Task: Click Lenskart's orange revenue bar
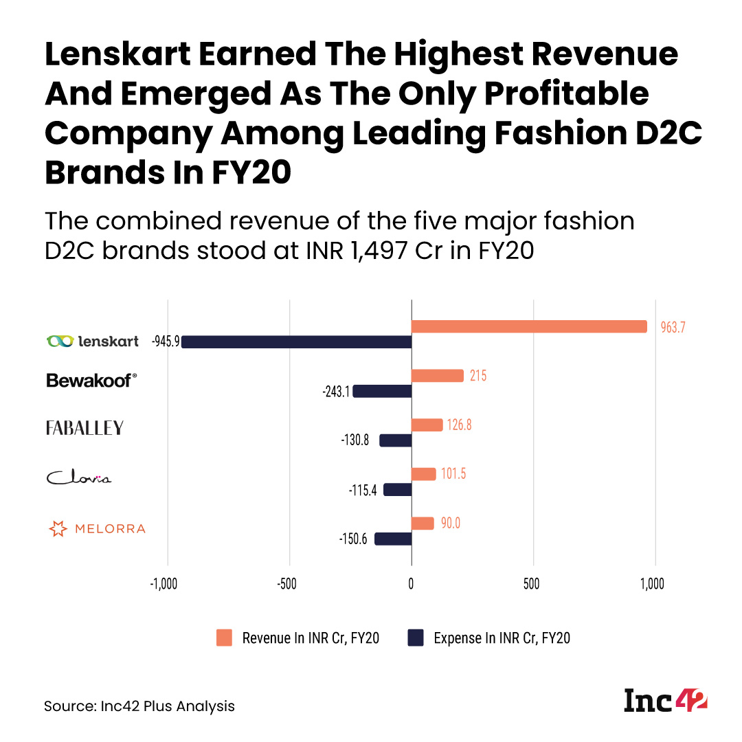529,326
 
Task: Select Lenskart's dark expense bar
296,341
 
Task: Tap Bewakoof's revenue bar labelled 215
437,376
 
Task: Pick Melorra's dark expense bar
392,539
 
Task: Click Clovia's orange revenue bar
423,474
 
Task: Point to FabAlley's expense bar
395,440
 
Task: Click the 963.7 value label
673,328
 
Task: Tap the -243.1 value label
336,392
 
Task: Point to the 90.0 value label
451,524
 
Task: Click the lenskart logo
92,341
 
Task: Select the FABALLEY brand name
85,428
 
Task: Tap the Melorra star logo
58,529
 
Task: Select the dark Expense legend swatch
416,638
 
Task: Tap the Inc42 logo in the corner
665,701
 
